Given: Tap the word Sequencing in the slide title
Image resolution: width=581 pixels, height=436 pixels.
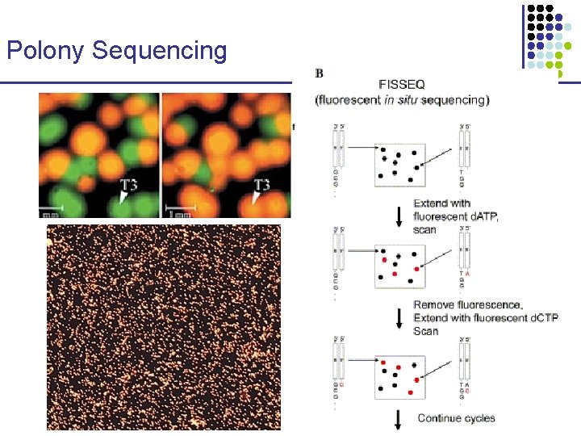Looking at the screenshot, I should (160, 51).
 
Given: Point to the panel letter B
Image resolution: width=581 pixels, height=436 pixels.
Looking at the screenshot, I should (320, 73).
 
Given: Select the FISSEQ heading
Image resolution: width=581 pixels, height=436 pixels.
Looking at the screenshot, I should (402, 84).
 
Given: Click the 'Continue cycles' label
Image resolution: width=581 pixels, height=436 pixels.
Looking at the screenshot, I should (456, 418).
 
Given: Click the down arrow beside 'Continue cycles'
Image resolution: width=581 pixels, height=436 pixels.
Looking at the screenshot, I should (398, 419).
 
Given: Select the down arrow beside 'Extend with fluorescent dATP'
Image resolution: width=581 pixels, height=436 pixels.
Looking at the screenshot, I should (398, 216).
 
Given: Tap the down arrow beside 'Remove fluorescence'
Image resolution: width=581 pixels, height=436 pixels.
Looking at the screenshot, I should (398, 317).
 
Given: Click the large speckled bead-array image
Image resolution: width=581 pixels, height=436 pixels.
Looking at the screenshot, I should (164, 326).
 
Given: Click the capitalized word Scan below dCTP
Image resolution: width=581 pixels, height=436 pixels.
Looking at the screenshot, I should (425, 331).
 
